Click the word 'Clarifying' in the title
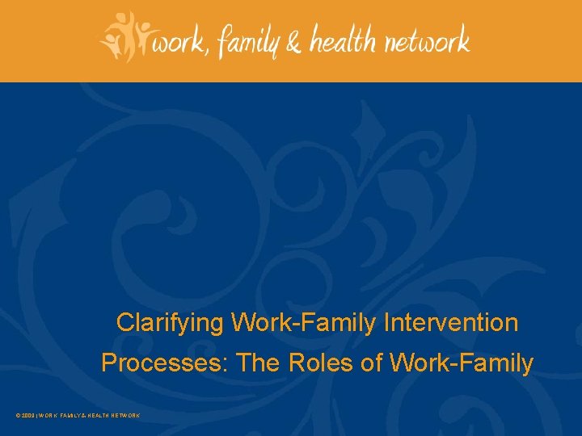point(171,324)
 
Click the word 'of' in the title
point(372,363)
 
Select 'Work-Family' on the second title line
point(462,363)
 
